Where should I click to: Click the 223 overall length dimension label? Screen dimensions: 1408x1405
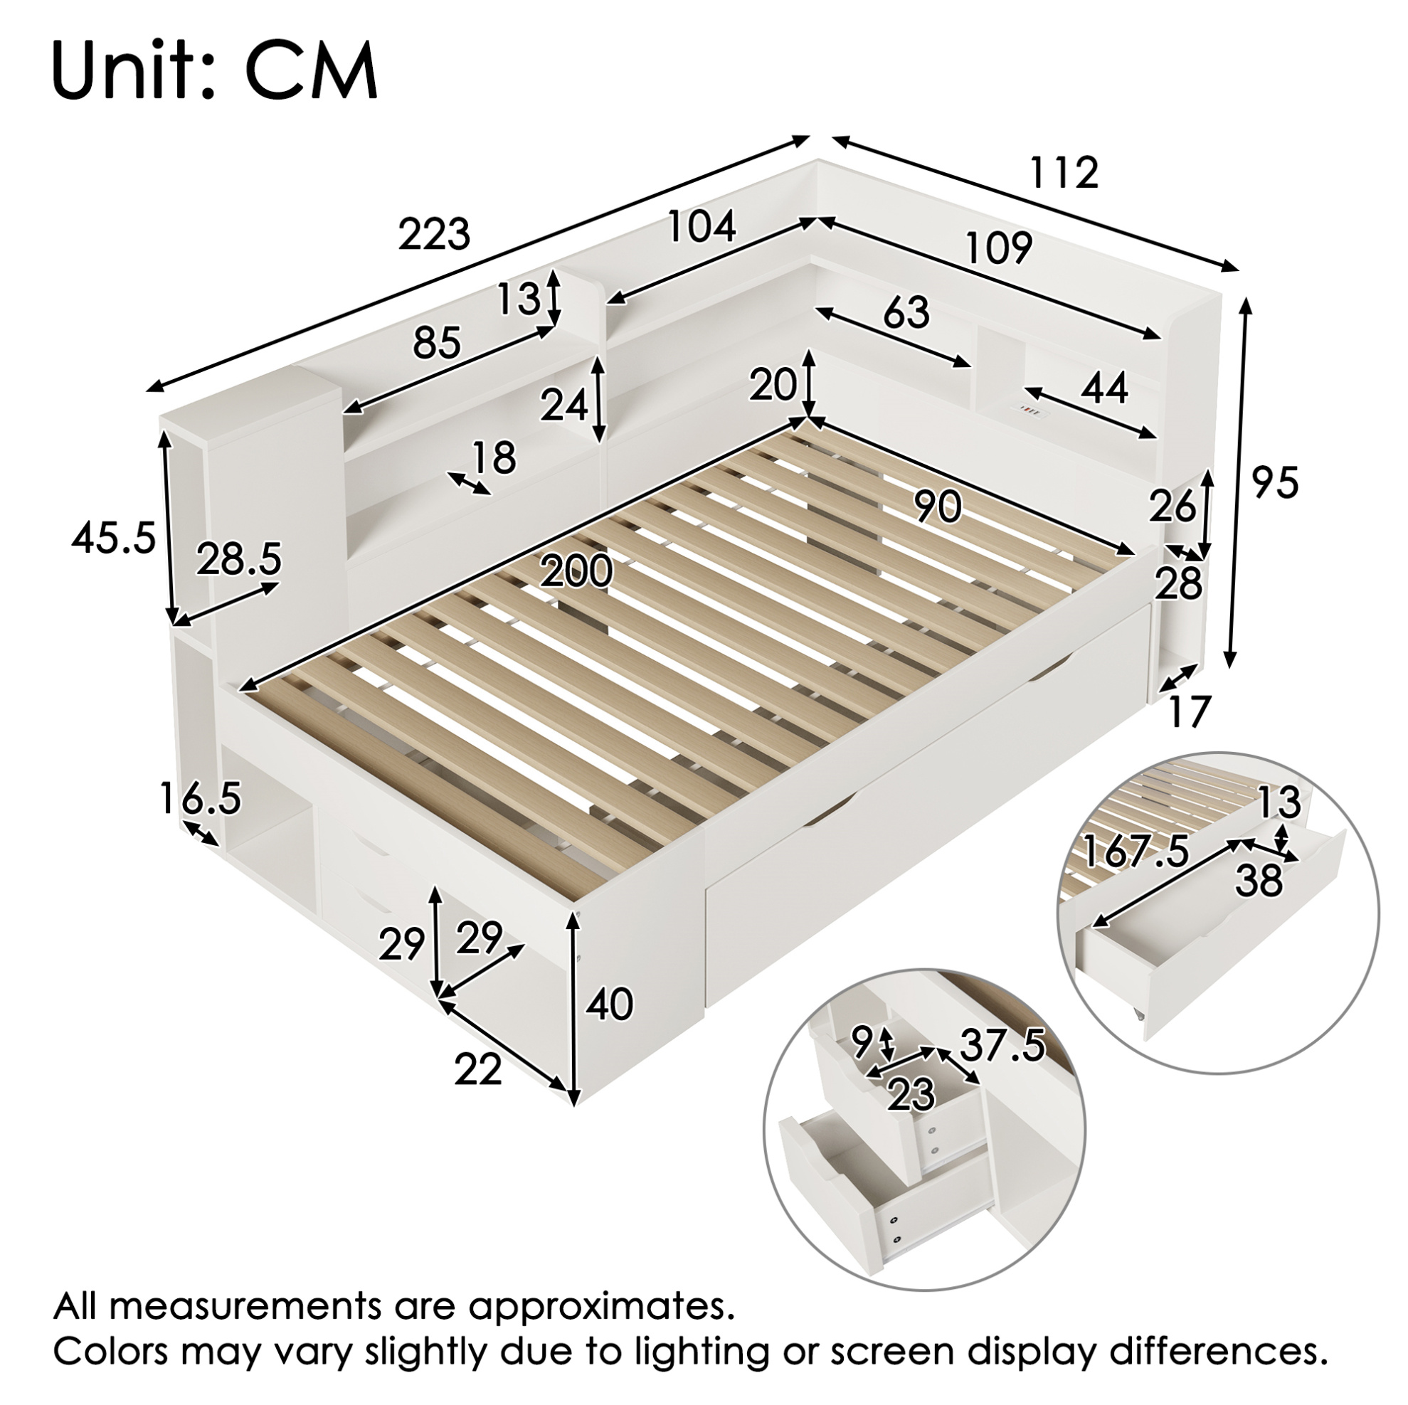point(434,235)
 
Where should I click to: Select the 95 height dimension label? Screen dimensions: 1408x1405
point(1275,482)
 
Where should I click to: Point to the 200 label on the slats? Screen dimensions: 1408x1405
point(576,571)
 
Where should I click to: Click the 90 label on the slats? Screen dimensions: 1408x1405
point(938,507)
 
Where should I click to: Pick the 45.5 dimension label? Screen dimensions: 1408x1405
point(115,539)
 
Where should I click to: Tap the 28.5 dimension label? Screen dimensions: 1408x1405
point(239,560)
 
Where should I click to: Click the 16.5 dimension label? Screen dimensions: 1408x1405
point(200,797)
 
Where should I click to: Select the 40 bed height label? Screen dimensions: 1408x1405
point(609,1005)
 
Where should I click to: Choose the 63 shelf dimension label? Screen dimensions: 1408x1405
point(906,312)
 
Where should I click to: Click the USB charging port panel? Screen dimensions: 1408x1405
point(1032,411)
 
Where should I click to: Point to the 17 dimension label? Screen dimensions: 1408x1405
point(1189,711)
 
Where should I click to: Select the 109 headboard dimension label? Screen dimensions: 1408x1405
point(999,247)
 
